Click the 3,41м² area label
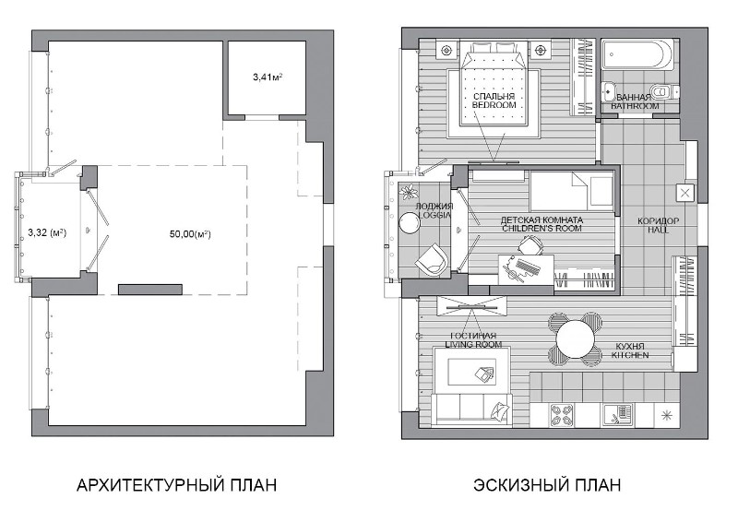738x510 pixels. click(x=268, y=77)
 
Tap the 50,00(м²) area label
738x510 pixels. click(x=190, y=233)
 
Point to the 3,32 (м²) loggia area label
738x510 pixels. click(x=47, y=232)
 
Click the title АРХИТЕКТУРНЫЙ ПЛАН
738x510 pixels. click(x=176, y=484)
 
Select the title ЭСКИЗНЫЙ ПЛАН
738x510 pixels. click(x=547, y=484)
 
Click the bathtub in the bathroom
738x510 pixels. click(x=637, y=55)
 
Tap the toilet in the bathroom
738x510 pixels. click(x=664, y=90)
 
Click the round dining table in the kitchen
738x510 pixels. click(x=575, y=338)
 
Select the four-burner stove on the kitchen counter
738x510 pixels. click(x=562, y=415)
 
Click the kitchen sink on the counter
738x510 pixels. click(x=617, y=415)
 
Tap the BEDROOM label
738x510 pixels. click(x=494, y=105)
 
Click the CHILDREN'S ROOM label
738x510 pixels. click(x=542, y=228)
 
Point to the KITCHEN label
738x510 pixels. click(x=630, y=355)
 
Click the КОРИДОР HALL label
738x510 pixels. click(x=658, y=225)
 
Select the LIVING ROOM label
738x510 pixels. click(x=473, y=344)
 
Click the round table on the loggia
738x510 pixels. click(x=410, y=222)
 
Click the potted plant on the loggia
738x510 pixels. click(x=409, y=192)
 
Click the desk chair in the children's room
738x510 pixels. click(x=531, y=244)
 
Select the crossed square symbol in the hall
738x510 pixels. click(x=684, y=193)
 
